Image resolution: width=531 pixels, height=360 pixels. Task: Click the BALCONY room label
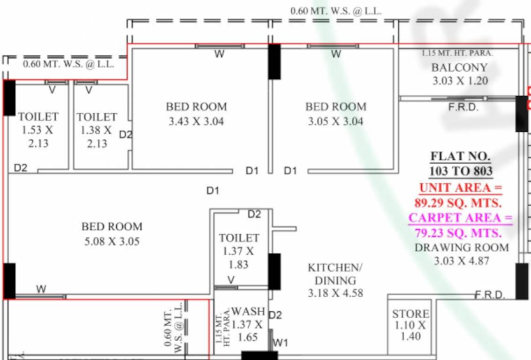[x=459, y=67]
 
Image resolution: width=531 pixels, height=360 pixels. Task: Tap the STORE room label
[x=410, y=314]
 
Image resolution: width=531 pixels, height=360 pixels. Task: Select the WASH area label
[x=248, y=311]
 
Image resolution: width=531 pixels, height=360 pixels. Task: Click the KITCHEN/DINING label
[x=335, y=274]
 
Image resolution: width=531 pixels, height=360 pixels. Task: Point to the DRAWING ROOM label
[x=461, y=247]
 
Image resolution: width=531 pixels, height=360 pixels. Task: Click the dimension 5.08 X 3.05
[x=112, y=241]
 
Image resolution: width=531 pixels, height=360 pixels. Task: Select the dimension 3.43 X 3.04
[x=196, y=121]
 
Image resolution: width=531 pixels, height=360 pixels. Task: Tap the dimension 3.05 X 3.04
[x=335, y=121]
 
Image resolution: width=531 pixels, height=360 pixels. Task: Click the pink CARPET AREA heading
[x=460, y=218]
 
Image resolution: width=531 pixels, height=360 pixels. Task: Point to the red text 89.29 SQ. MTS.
[x=458, y=203]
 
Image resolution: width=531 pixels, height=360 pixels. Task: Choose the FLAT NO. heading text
[x=460, y=156]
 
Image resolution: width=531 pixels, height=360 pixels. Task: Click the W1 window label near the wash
[x=280, y=343]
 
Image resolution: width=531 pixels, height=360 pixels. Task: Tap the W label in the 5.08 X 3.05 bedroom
[x=41, y=289]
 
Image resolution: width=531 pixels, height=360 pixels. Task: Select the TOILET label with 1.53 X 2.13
[x=38, y=116]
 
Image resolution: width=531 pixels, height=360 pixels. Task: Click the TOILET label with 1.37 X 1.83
[x=239, y=238]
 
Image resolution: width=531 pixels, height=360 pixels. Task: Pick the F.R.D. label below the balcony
[x=463, y=107]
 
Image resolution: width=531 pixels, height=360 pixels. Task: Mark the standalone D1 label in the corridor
[x=213, y=190]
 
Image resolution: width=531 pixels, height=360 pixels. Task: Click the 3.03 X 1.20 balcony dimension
[x=460, y=81]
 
